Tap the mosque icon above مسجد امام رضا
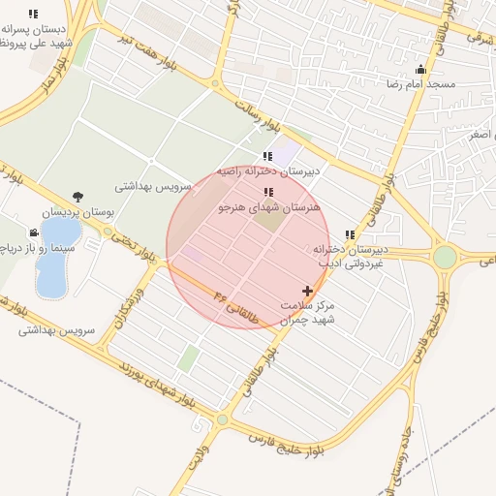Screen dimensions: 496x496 [x=419, y=69]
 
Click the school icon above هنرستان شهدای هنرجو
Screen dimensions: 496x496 [x=268, y=193]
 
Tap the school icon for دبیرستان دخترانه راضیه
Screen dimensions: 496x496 [x=267, y=156]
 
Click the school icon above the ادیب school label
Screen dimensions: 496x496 [x=350, y=234]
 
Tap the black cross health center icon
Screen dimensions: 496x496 [x=308, y=291]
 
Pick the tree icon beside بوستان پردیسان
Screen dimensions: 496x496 [x=77, y=196]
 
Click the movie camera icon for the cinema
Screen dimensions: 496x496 [x=34, y=232]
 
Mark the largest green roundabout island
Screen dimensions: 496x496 [x=445, y=257]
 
